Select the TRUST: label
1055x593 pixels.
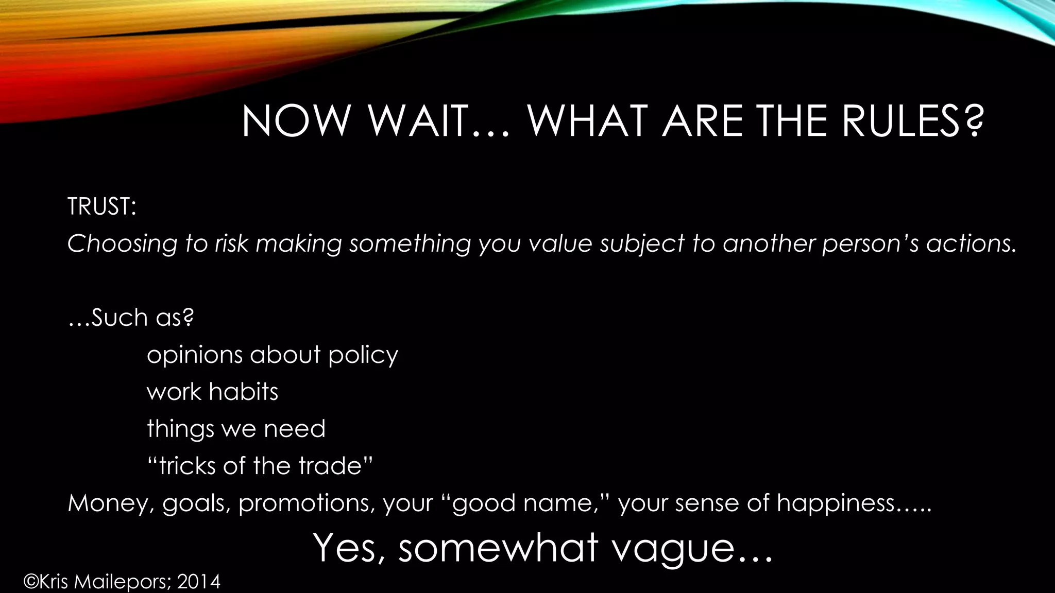point(101,206)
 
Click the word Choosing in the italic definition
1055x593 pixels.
point(122,243)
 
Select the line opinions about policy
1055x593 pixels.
point(273,355)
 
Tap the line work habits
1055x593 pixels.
point(212,392)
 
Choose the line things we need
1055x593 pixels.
point(236,429)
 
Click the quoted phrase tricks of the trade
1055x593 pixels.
point(260,466)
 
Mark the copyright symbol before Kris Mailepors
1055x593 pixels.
point(31,582)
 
